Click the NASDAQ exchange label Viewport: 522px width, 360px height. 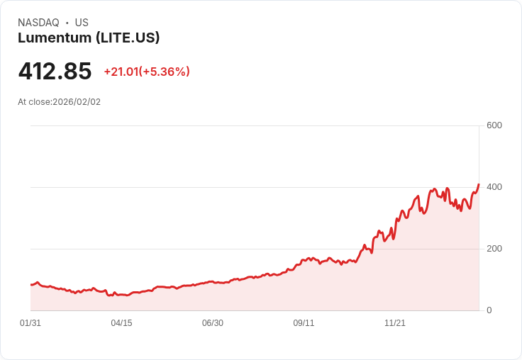click(x=38, y=23)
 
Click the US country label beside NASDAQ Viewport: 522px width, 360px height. click(x=82, y=23)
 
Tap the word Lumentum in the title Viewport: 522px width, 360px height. click(x=55, y=38)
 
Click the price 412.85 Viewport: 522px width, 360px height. click(x=55, y=72)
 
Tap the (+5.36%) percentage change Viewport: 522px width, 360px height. click(x=165, y=72)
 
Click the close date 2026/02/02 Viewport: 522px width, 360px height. click(x=77, y=102)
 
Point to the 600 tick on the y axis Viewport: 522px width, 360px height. click(x=494, y=125)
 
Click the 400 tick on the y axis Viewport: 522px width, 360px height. click(x=494, y=187)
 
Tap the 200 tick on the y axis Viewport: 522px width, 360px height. click(x=494, y=249)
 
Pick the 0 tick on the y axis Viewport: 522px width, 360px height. click(x=489, y=310)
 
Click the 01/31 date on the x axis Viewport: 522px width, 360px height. click(x=30, y=323)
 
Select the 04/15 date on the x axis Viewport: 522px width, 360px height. click(x=121, y=323)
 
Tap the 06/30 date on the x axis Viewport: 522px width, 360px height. click(x=212, y=323)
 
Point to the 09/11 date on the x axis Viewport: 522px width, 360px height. click(x=304, y=323)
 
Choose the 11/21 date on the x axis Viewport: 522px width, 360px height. click(x=394, y=323)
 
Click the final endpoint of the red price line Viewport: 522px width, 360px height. click(x=479, y=184)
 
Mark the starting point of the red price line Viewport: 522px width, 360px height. click(x=30, y=284)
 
